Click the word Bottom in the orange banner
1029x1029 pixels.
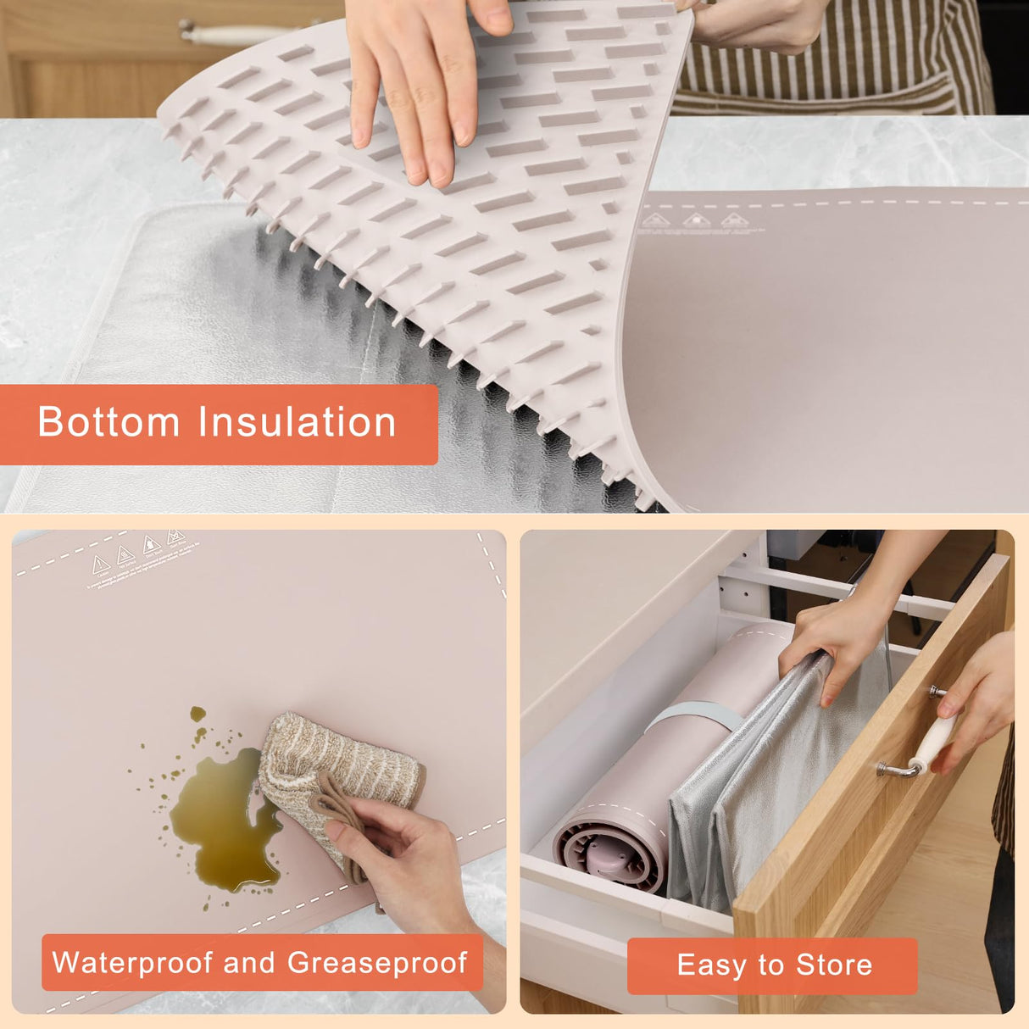click(109, 422)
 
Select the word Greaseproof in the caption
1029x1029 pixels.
click(376, 963)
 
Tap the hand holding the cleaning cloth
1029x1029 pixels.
click(398, 856)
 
